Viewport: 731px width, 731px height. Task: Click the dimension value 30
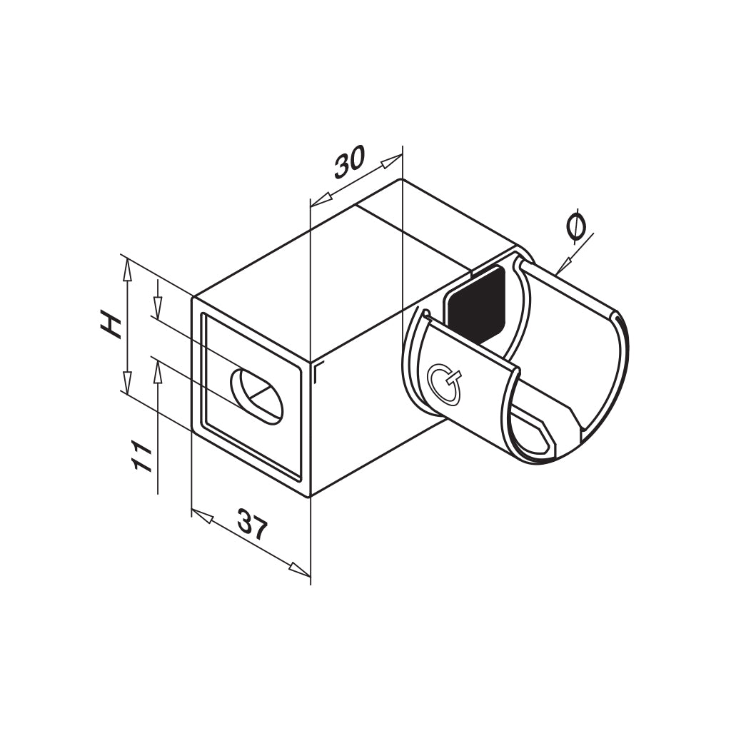click(349, 161)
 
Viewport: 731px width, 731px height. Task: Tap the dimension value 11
click(142, 456)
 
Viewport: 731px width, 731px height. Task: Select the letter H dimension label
click(111, 326)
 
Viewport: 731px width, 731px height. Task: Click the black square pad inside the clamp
click(476, 303)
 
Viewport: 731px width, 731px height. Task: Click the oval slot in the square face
click(258, 396)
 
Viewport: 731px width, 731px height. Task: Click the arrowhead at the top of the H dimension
click(126, 270)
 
